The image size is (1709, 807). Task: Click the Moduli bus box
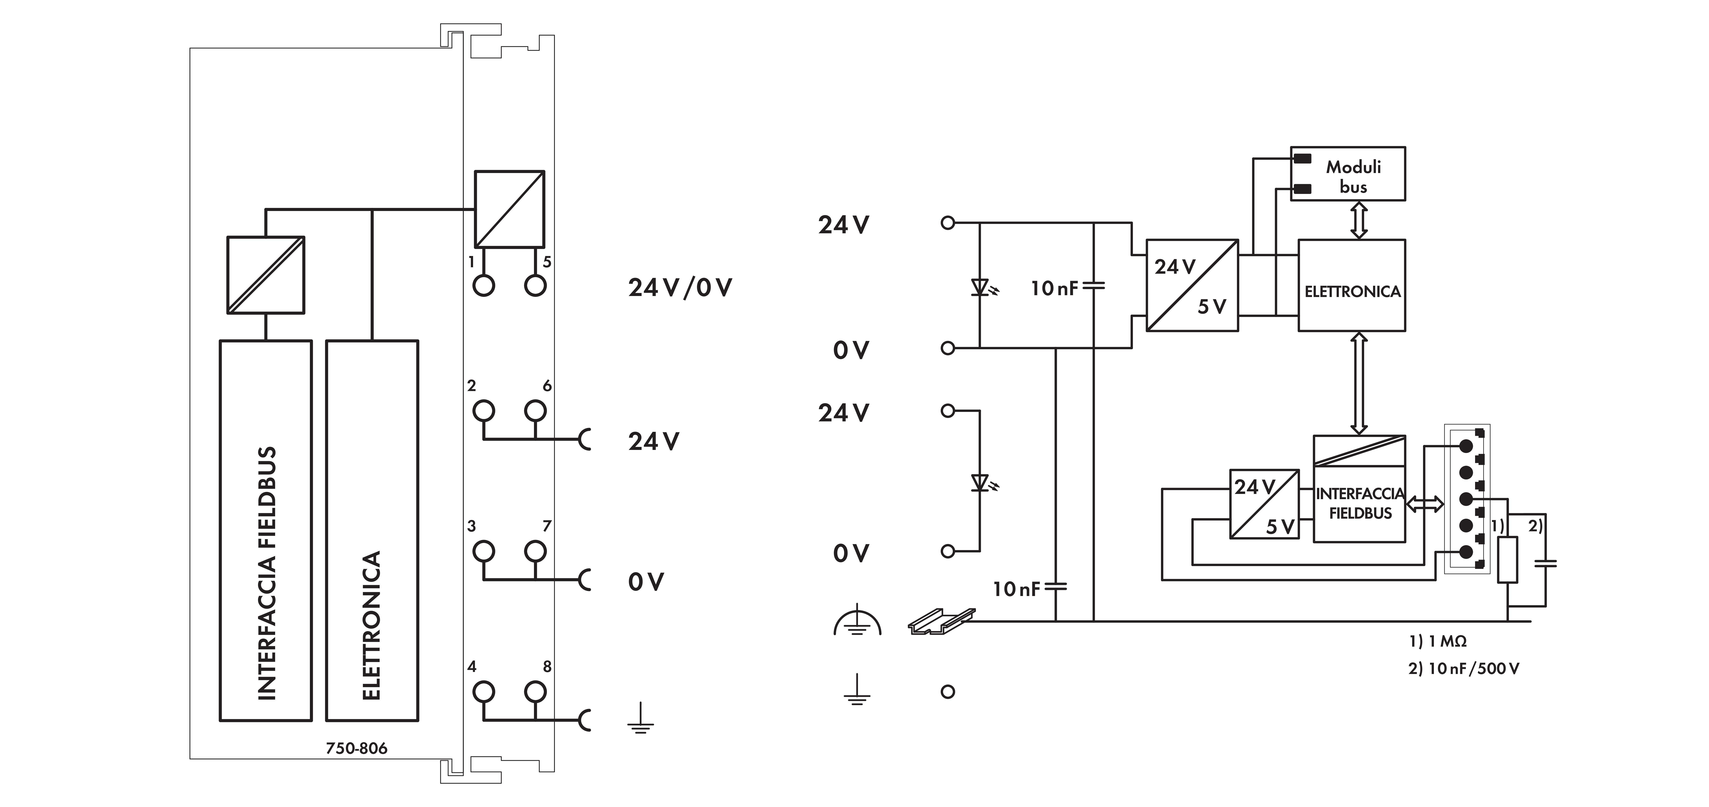(1347, 174)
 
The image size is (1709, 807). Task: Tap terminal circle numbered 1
(484, 286)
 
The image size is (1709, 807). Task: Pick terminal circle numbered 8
(535, 692)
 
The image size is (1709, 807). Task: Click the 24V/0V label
(680, 288)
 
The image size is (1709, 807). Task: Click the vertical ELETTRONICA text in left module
(372, 625)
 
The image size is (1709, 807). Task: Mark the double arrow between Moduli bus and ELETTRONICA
(1359, 220)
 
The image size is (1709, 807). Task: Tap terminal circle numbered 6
(535, 411)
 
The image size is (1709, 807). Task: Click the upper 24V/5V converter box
(1192, 285)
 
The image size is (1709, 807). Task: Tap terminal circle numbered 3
(484, 551)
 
